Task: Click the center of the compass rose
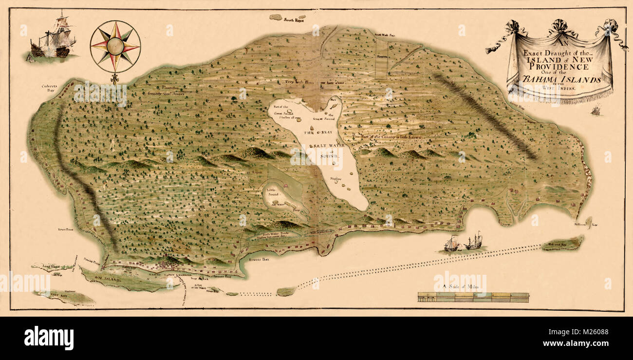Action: pyautogui.click(x=115, y=46)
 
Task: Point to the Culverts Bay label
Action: pyautogui.click(x=50, y=88)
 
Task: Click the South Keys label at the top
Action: pyautogui.click(x=294, y=20)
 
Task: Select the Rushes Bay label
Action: pyautogui.click(x=258, y=259)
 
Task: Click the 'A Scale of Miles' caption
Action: pyautogui.click(x=460, y=288)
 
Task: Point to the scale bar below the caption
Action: pyautogui.click(x=473, y=298)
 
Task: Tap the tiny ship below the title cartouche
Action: pyautogui.click(x=595, y=111)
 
